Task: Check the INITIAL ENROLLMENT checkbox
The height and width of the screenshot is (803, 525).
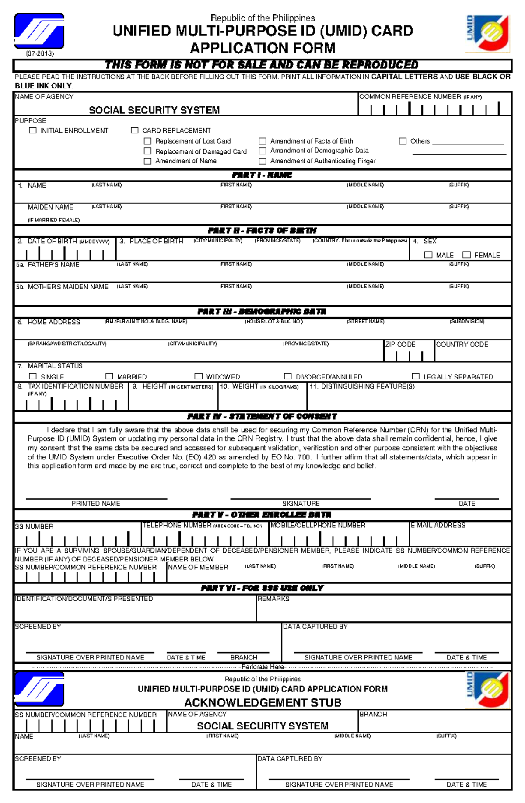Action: (x=33, y=130)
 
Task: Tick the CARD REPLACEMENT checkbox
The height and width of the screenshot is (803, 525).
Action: (x=135, y=130)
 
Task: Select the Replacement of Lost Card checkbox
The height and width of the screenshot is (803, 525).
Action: (x=148, y=141)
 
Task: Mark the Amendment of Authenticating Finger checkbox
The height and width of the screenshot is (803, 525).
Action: (x=262, y=161)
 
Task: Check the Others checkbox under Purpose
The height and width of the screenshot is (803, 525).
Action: (x=402, y=141)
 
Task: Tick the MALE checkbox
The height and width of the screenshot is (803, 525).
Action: (x=428, y=255)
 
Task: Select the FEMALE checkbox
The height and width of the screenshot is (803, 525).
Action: (x=467, y=255)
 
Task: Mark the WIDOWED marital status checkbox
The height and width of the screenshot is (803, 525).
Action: (x=199, y=376)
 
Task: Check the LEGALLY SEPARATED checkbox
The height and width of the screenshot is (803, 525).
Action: (x=416, y=376)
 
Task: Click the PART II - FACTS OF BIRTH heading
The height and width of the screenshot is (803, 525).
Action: (x=262, y=231)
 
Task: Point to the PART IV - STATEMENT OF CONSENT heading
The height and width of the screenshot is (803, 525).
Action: (x=262, y=417)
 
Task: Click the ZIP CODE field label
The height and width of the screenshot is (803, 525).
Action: (x=400, y=344)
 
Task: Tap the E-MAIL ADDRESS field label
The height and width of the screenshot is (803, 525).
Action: (x=438, y=525)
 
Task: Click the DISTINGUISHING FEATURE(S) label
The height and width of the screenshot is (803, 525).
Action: (x=367, y=386)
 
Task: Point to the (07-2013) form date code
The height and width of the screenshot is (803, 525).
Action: (x=39, y=53)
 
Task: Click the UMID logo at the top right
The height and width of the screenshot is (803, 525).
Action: (x=488, y=33)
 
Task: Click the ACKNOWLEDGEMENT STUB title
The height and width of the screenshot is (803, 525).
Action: (x=262, y=703)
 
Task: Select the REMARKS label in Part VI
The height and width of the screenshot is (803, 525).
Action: (x=273, y=599)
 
